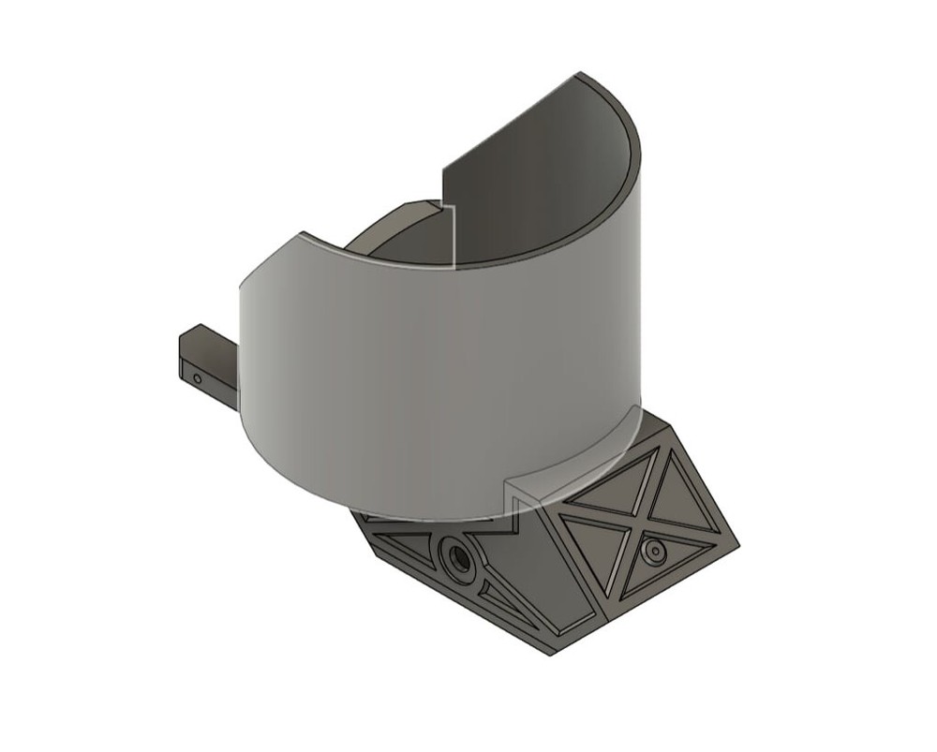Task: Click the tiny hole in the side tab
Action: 197,379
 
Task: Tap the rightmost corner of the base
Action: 738,546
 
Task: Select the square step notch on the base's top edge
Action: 513,510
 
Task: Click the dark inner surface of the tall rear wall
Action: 534,187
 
